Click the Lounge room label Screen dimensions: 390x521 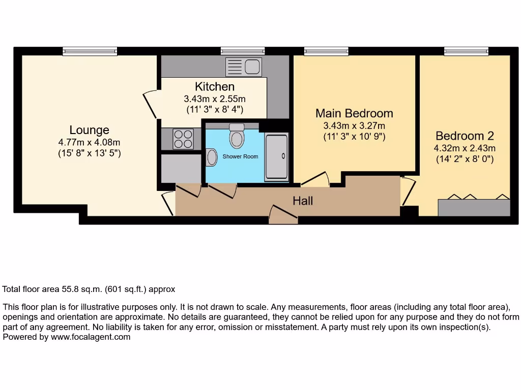point(90,130)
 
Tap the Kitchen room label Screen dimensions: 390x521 point(215,87)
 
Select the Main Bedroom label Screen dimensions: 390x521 point(354,113)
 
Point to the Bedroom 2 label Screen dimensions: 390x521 point(465,136)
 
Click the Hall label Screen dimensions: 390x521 point(303,201)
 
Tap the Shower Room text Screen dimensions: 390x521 point(240,156)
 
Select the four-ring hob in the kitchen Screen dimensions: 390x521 point(183,139)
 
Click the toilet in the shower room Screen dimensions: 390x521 point(237,136)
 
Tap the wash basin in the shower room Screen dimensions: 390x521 point(212,157)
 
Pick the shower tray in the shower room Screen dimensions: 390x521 point(276,156)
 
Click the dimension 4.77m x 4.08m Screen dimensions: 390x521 point(90,143)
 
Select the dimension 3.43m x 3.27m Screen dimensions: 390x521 point(354,125)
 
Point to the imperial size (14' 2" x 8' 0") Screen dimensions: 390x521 point(465,159)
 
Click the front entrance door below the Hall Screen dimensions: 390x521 point(283,215)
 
